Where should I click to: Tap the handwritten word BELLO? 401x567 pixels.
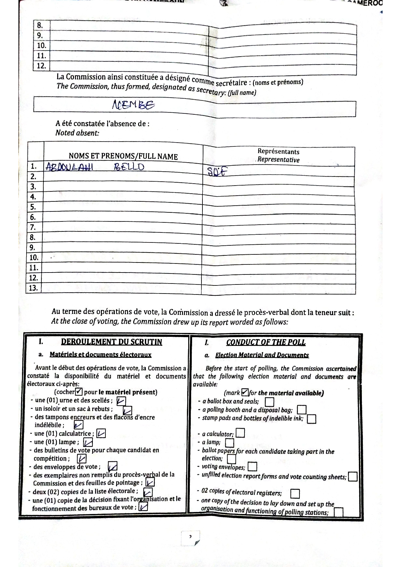(x=129, y=167)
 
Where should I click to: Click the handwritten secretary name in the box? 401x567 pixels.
(x=133, y=105)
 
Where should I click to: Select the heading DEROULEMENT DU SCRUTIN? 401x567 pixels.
(x=111, y=342)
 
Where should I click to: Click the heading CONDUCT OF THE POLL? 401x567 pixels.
(x=266, y=343)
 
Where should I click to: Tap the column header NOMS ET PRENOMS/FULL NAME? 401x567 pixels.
(x=123, y=156)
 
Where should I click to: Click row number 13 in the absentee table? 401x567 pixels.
(x=33, y=288)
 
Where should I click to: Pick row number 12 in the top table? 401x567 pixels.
(x=41, y=66)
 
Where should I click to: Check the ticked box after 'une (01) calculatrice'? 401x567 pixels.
(x=101, y=433)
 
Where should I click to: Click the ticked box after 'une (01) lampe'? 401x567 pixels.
(x=88, y=442)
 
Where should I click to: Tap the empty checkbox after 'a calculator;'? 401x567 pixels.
(x=240, y=433)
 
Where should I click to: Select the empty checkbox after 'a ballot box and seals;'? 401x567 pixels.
(x=269, y=402)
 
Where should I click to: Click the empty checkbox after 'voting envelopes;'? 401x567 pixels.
(x=252, y=467)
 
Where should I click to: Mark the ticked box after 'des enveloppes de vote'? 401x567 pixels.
(x=113, y=466)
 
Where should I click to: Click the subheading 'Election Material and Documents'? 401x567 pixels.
(x=262, y=355)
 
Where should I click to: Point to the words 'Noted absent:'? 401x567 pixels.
(x=77, y=133)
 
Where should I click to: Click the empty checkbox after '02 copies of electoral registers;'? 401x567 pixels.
(x=295, y=494)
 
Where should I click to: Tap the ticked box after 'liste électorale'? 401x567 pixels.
(x=148, y=492)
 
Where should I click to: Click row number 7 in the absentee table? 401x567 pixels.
(x=33, y=227)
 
